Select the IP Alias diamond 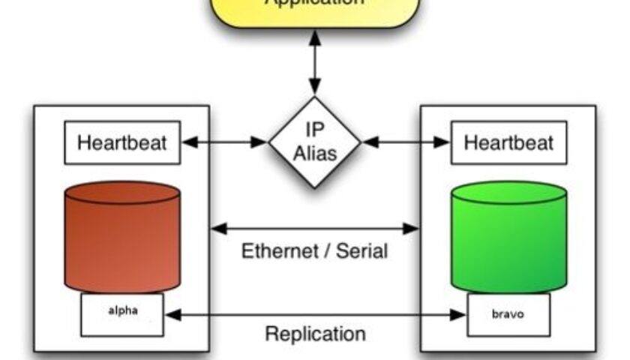click(x=315, y=141)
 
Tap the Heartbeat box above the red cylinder click(x=122, y=142)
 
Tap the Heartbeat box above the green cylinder click(x=508, y=142)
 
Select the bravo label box click(x=508, y=314)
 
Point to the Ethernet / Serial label click(x=315, y=250)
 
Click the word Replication click(x=315, y=333)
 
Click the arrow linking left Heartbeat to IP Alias click(x=225, y=140)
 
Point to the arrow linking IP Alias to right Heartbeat click(x=406, y=140)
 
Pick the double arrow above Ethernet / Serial click(x=315, y=227)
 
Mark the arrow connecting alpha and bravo click(x=315, y=315)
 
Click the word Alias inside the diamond click(x=315, y=154)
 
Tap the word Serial click(x=363, y=250)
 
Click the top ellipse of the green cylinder click(x=508, y=193)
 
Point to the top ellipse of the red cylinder click(x=122, y=193)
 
